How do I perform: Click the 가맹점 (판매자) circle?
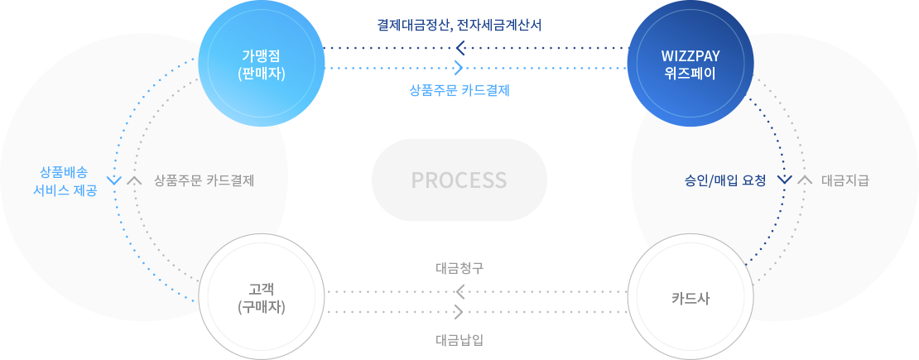click(x=261, y=65)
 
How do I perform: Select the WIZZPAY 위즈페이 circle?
click(x=690, y=65)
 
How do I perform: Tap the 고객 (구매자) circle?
click(x=261, y=297)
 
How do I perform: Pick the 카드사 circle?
click(x=690, y=297)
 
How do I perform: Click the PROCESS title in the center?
click(x=459, y=180)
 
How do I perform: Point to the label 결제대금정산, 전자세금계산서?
click(x=459, y=25)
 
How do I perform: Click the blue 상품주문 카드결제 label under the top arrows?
click(x=459, y=90)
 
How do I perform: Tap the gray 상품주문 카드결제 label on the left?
click(x=204, y=180)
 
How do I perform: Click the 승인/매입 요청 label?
click(x=725, y=180)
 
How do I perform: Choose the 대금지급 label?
click(x=845, y=180)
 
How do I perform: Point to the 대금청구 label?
click(x=459, y=268)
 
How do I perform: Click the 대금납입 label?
click(x=459, y=338)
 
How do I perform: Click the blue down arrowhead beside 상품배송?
click(x=114, y=180)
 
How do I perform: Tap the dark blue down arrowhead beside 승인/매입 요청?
click(x=783, y=180)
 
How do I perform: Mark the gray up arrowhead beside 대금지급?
click(x=804, y=180)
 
